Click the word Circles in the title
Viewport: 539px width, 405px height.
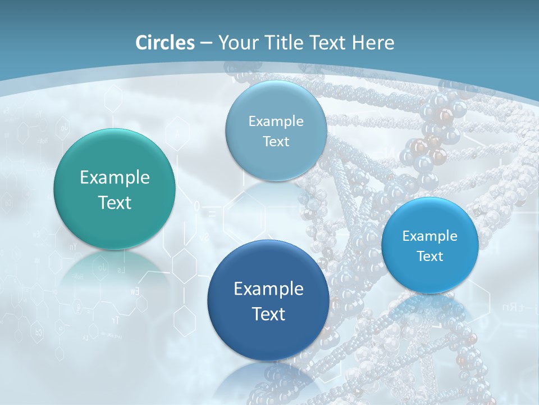(165, 43)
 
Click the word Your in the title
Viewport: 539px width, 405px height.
(236, 43)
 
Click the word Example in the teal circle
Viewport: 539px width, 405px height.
(115, 178)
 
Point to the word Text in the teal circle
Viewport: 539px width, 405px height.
(115, 202)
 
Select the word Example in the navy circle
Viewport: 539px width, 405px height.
(268, 289)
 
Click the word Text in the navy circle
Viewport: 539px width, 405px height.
(268, 314)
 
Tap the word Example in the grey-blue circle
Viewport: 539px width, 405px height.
(276, 121)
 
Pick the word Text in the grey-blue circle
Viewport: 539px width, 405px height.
(276, 141)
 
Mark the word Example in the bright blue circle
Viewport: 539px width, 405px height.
(430, 236)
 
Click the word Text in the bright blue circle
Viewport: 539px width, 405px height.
(430, 256)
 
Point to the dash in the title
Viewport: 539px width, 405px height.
(206, 43)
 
